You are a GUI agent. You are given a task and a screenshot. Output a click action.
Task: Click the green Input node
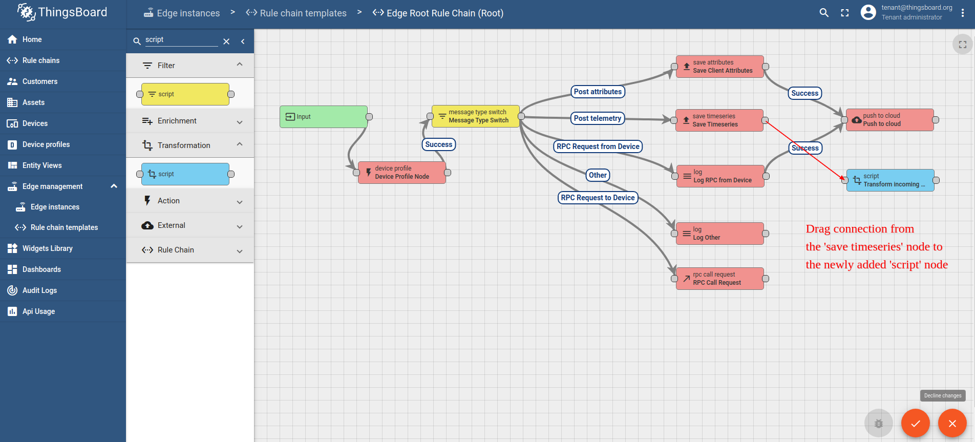click(x=324, y=117)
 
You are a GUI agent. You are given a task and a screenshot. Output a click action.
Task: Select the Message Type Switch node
click(x=476, y=116)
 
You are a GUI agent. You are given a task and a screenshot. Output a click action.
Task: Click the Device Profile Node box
click(x=402, y=173)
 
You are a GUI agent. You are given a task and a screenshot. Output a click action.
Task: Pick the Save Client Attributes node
click(x=720, y=67)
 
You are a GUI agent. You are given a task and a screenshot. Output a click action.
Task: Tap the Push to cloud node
click(x=890, y=120)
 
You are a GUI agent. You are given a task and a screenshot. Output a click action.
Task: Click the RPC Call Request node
click(x=720, y=279)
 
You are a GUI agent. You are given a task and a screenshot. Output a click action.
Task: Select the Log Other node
click(x=720, y=234)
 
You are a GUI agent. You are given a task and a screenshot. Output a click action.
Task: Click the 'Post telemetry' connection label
click(x=598, y=118)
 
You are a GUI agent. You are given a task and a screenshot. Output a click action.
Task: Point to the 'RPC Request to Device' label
click(x=598, y=198)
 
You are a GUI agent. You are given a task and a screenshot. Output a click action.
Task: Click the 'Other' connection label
click(x=598, y=175)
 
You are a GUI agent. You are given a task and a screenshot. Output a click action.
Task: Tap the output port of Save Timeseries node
click(x=765, y=120)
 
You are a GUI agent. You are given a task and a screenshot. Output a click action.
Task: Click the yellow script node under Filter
click(x=185, y=94)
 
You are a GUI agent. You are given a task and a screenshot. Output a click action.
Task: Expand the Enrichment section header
click(x=190, y=121)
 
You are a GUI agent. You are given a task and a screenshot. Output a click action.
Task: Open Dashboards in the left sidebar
click(x=41, y=269)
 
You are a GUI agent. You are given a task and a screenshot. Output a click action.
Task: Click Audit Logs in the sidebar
click(x=39, y=290)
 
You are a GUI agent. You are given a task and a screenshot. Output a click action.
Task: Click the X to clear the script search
click(x=226, y=41)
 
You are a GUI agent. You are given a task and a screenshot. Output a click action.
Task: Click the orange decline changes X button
click(x=952, y=424)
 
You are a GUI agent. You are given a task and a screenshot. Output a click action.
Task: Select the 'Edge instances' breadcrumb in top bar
click(x=182, y=13)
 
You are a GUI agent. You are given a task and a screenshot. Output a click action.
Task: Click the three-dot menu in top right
click(x=963, y=13)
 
